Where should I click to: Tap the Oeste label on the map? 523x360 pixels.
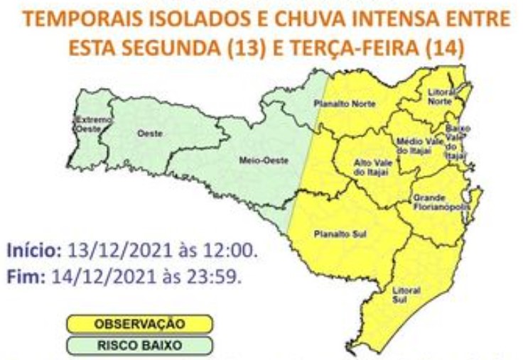[x=149, y=133]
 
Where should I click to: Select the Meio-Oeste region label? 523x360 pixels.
[x=254, y=160]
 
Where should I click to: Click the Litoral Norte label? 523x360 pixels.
[x=440, y=97]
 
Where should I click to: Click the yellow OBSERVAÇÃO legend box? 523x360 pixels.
[x=139, y=324]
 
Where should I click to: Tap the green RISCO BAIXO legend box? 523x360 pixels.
[x=139, y=346]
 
